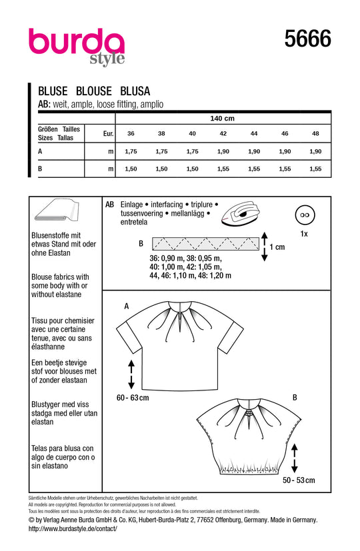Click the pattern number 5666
(307, 38)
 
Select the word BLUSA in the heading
(135, 91)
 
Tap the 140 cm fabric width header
(222, 119)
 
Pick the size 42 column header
(223, 133)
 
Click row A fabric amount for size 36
(131, 151)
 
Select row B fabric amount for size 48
(316, 169)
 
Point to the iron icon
(241, 213)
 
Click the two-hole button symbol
(305, 215)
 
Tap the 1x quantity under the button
(304, 234)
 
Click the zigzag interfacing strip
(205, 244)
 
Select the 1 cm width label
(277, 247)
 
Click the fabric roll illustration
(57, 211)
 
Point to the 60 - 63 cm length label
(133, 398)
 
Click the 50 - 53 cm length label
(299, 480)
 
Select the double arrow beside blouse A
(131, 374)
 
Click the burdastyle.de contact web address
(73, 528)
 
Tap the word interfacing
(167, 205)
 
